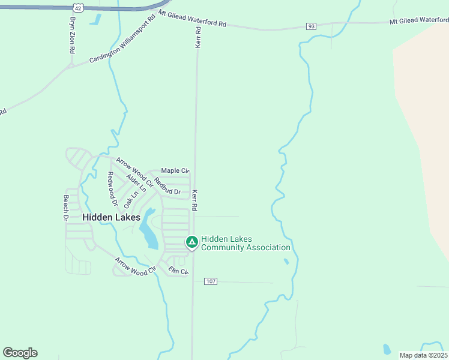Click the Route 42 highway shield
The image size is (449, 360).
(78, 7)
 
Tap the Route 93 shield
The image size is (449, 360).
(311, 26)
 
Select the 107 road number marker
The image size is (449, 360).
(210, 281)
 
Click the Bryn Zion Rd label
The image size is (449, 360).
(72, 35)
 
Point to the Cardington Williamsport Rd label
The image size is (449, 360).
(122, 43)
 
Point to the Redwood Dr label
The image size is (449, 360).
(111, 186)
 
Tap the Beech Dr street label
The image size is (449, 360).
(66, 208)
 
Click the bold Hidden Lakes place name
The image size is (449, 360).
(111, 217)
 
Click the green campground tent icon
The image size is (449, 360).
(191, 242)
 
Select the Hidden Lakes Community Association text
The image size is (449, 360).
(246, 243)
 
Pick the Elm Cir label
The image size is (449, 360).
(178, 271)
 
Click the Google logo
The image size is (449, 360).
(20, 353)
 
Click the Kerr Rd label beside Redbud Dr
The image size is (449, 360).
(194, 200)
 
